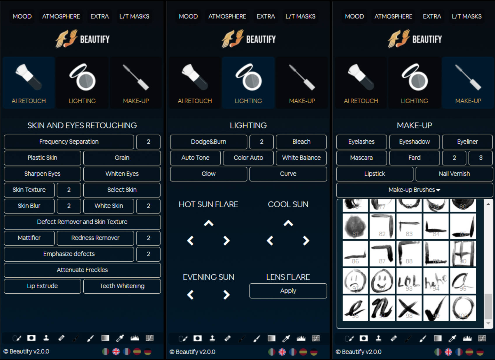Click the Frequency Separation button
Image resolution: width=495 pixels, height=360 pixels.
click(69, 142)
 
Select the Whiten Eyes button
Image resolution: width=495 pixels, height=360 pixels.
click(122, 174)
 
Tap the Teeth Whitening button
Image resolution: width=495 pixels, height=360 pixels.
click(122, 286)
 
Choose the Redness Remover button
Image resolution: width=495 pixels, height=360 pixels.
click(95, 238)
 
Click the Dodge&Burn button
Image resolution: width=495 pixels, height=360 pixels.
click(208, 142)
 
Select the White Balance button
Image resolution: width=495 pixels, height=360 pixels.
click(301, 158)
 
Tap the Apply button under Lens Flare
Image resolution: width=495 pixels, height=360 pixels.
click(288, 291)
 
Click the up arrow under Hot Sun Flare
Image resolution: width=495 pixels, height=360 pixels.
click(208, 223)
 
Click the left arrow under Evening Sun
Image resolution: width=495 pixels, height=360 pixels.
click(190, 295)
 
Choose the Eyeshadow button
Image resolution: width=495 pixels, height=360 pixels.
click(414, 142)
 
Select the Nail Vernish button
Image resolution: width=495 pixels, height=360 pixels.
click(454, 174)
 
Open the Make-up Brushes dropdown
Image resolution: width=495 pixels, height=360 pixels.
click(414, 190)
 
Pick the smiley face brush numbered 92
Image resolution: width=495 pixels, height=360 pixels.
click(382, 281)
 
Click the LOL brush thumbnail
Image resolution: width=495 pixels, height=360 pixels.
click(409, 281)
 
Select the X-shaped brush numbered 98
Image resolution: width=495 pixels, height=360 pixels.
click(409, 308)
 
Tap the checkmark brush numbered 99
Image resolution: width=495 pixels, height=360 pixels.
click(436, 308)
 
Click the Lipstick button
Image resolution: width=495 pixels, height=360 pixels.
click(375, 174)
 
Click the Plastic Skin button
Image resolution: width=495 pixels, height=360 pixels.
click(42, 158)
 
